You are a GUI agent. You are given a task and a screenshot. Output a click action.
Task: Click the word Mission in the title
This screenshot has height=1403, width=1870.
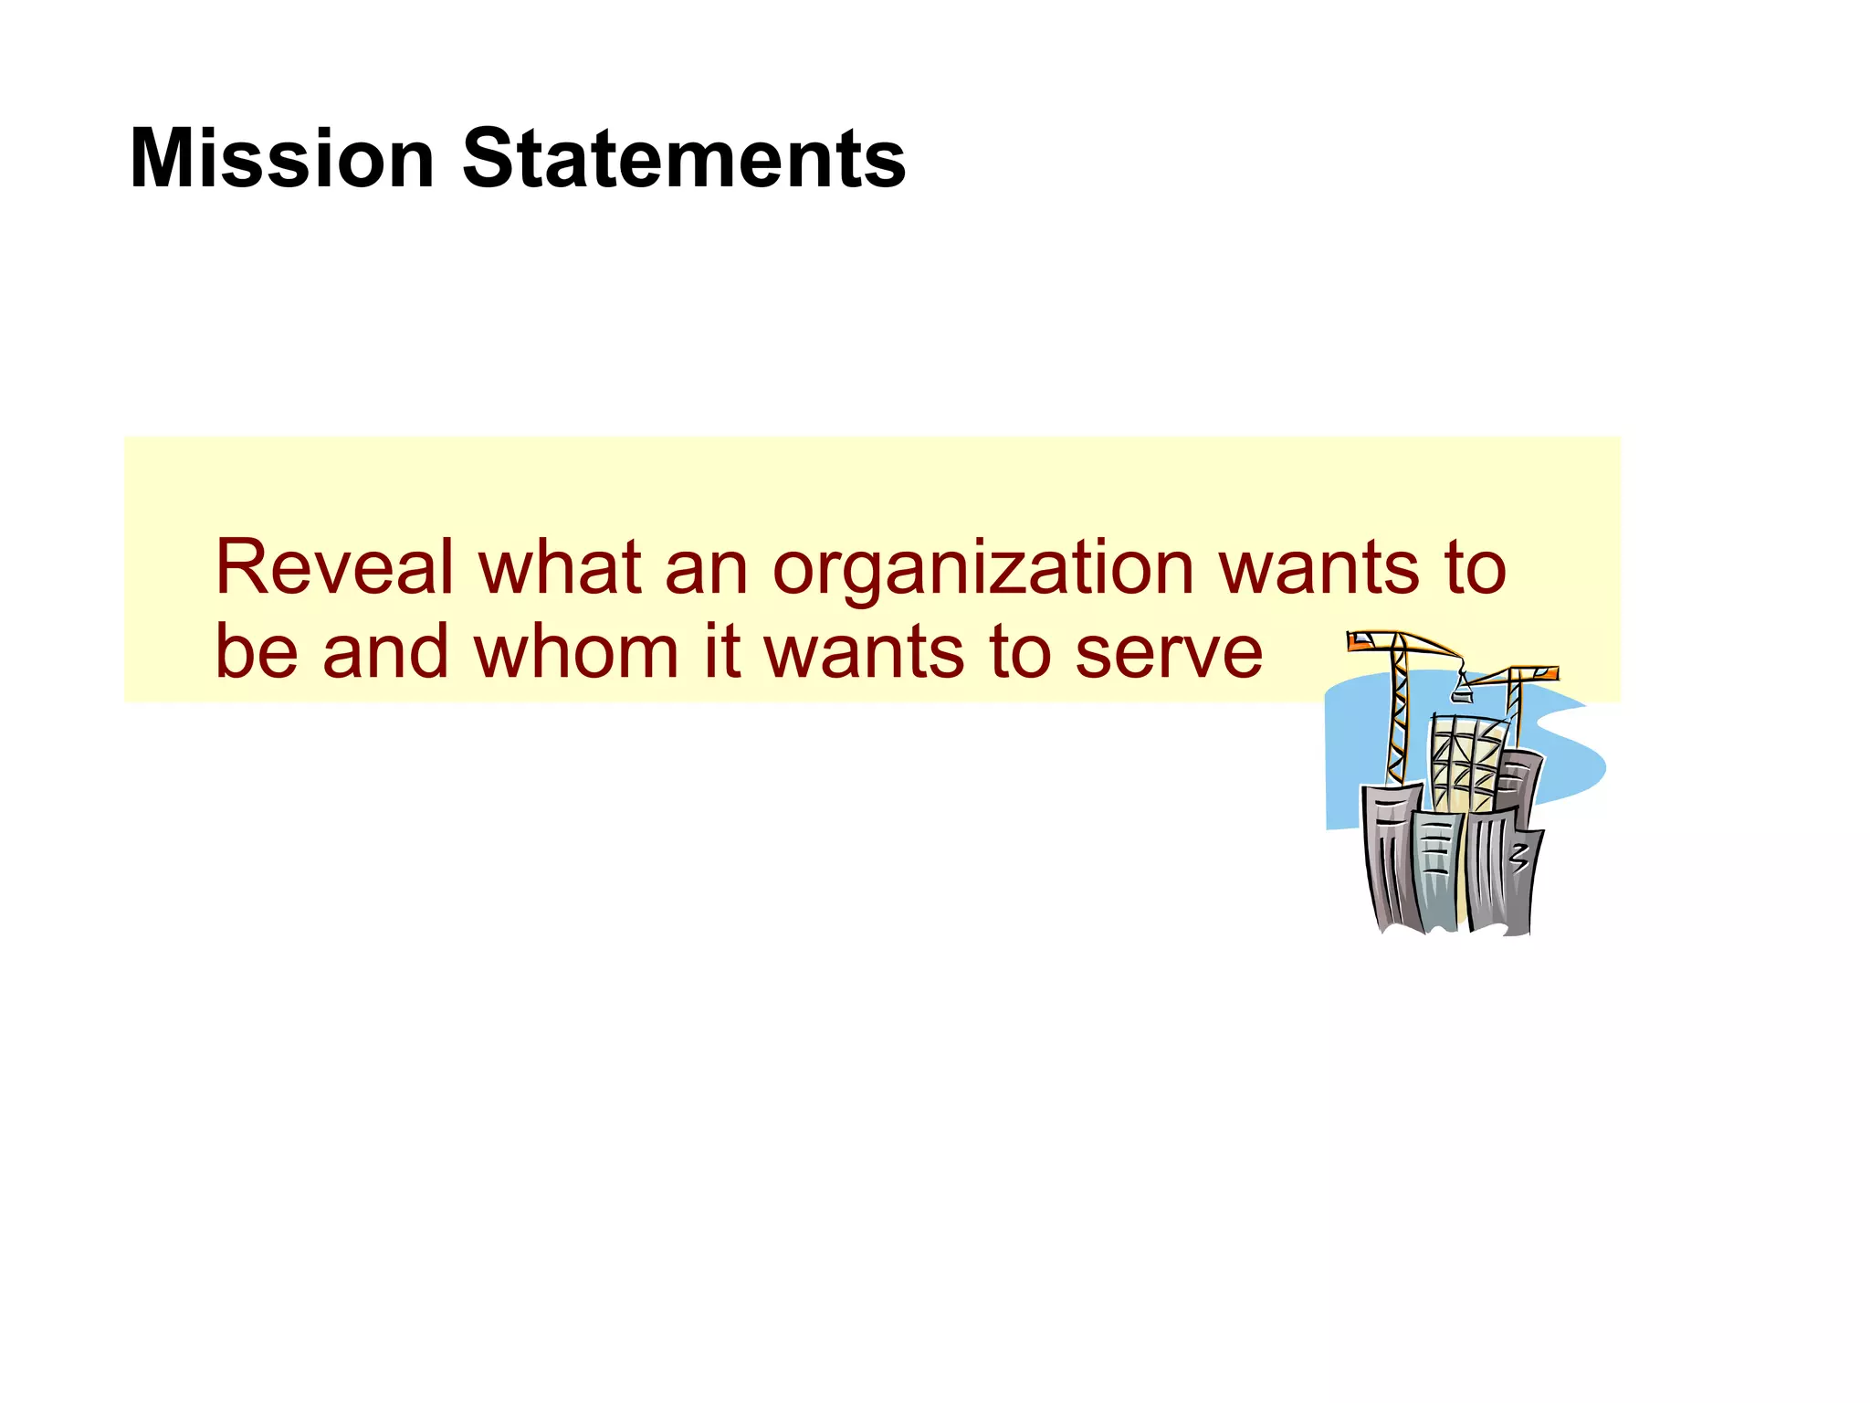point(281,160)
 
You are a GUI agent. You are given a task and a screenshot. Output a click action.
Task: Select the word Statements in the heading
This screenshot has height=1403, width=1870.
point(684,160)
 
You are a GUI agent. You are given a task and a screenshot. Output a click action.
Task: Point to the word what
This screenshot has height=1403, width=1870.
point(560,568)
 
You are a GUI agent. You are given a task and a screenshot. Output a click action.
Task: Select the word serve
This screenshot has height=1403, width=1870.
point(1170,654)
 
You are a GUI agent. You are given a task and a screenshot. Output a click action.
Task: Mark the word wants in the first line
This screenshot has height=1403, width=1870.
point(1318,570)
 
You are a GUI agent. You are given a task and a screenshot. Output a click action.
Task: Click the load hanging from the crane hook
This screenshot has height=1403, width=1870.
point(1462,695)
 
